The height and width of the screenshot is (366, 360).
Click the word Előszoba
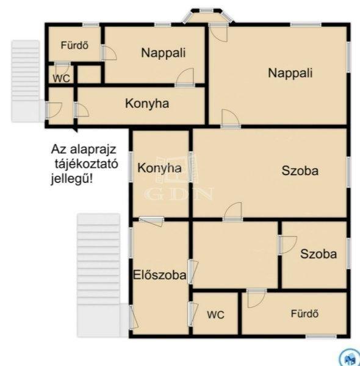tap(160, 274)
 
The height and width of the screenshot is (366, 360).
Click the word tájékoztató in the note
tap(87, 164)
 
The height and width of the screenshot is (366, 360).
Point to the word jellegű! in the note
tap(72, 179)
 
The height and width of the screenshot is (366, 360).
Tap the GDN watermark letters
tap(179, 194)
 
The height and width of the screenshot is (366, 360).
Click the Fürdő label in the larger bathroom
tap(304, 314)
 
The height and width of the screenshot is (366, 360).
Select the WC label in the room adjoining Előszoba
tap(215, 315)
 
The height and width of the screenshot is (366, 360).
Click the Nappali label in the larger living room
tap(290, 73)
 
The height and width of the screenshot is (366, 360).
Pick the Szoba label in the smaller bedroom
tap(319, 254)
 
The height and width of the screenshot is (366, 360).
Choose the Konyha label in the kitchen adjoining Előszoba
tap(159, 168)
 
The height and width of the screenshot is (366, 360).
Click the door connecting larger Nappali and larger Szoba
tap(231, 119)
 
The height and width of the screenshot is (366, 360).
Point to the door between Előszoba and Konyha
tap(151, 221)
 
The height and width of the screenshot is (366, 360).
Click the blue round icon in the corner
tap(350, 357)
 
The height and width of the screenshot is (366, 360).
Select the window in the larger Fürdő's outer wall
tap(321, 337)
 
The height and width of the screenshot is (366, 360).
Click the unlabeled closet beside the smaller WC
tap(89, 74)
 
